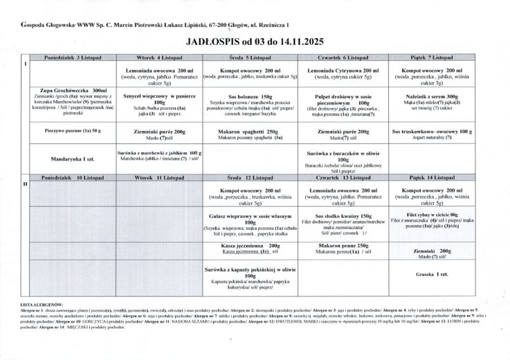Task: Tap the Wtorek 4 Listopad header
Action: (160, 57)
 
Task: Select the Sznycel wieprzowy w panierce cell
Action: (160, 102)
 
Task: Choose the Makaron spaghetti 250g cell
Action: (253, 134)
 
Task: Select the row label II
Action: (26, 184)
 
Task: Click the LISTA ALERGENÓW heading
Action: (42, 304)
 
